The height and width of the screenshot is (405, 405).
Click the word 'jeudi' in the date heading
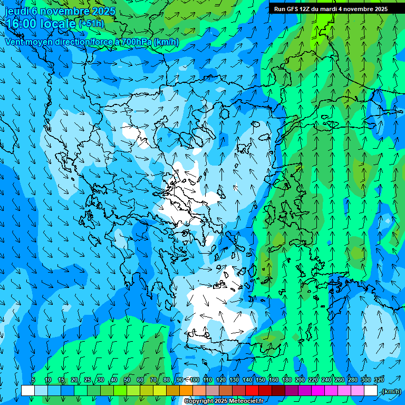16,11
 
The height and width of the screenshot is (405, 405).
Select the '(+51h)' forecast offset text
92,24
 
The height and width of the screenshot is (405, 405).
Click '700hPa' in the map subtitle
136,42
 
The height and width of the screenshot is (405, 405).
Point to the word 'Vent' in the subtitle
15,42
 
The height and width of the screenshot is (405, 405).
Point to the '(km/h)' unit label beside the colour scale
391,391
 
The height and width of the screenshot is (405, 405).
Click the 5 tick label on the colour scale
33,380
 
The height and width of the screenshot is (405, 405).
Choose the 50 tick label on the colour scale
127,380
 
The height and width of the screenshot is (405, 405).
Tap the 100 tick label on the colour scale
195,380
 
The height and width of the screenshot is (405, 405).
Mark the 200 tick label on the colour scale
300,380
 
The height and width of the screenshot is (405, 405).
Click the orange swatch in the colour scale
186,391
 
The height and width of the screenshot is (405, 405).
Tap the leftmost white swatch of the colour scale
28,391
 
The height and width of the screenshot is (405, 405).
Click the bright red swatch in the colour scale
252,391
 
